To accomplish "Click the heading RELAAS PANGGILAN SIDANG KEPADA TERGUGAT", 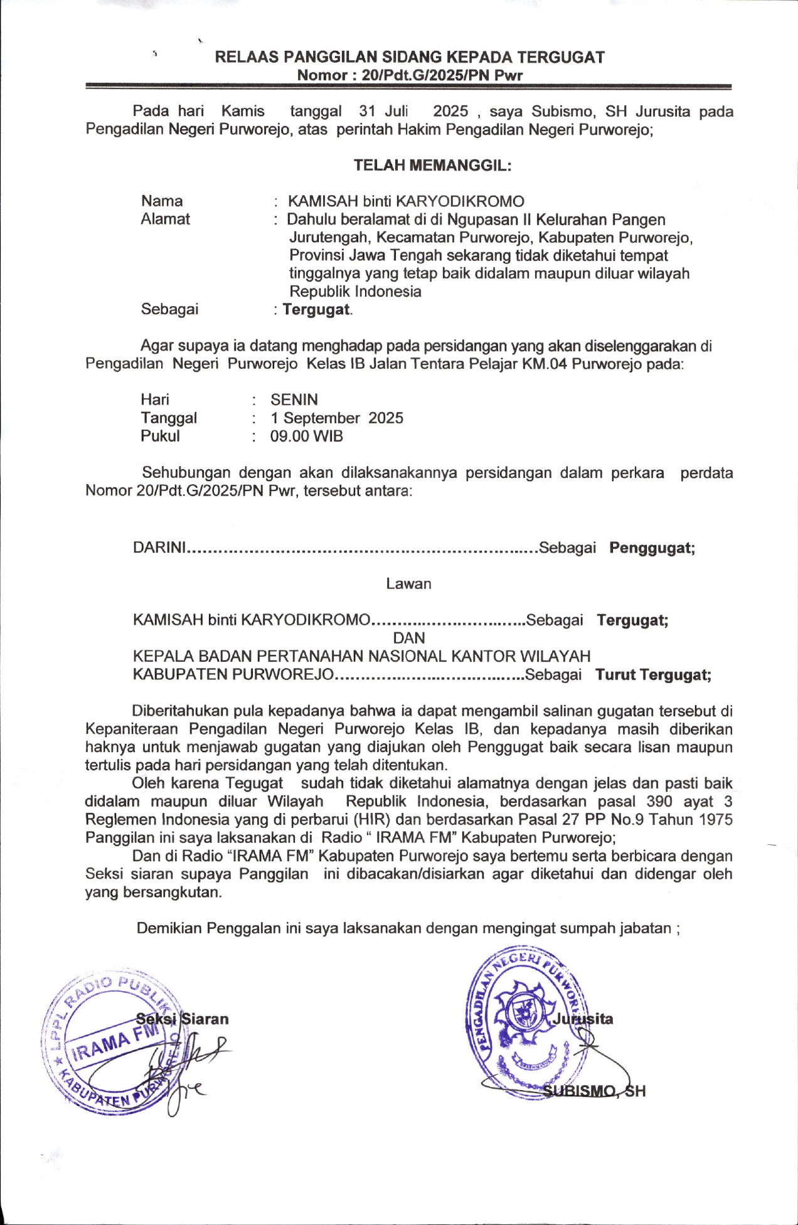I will pyautogui.click(x=410, y=58).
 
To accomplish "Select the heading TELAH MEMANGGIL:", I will pyautogui.click(x=432, y=166).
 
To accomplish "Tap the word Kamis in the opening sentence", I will pyautogui.click(x=243, y=112).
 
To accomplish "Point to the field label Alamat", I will pyautogui.click(x=165, y=219).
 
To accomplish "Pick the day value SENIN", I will pyautogui.click(x=294, y=400).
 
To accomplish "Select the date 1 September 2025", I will pyautogui.click(x=337, y=418).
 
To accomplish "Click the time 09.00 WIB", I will pyautogui.click(x=307, y=437).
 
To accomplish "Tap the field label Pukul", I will pyautogui.click(x=160, y=437).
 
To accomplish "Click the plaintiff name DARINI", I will pyautogui.click(x=160, y=548).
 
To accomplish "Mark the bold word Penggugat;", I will pyautogui.click(x=652, y=548).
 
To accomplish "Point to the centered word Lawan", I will pyautogui.click(x=408, y=584).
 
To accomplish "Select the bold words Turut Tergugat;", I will pyautogui.click(x=653, y=676).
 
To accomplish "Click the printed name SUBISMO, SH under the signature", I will pyautogui.click(x=594, y=1091).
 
